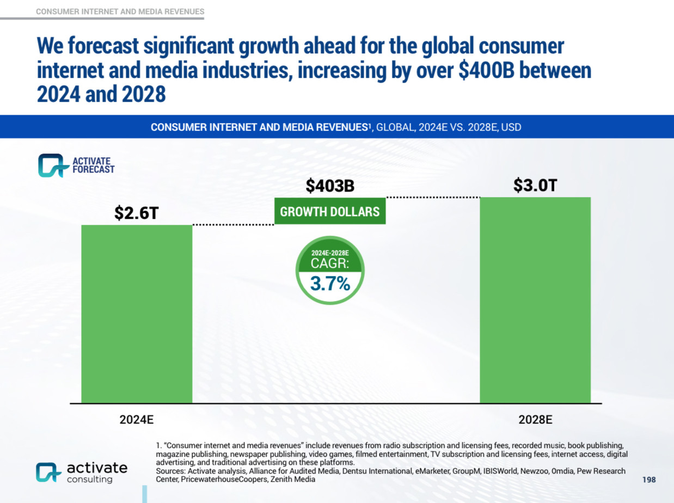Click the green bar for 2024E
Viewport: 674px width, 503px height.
[x=137, y=314]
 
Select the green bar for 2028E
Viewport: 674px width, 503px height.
[x=535, y=300]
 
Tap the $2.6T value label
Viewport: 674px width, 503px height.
[x=137, y=213]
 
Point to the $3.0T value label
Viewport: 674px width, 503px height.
[x=535, y=186]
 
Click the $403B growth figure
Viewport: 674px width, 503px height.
[x=330, y=186]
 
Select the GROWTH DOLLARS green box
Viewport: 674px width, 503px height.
[x=330, y=211]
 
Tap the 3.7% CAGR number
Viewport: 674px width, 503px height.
[x=330, y=283]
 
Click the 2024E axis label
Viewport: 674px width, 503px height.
[x=137, y=420]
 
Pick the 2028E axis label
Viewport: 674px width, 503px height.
[x=535, y=420]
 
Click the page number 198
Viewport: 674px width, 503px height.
[x=649, y=480]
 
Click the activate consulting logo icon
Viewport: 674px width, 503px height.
[x=48, y=473]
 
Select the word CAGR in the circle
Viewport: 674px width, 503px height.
[x=330, y=263]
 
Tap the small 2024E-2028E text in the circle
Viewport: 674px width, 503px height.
[x=330, y=253]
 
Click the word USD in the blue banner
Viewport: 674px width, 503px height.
[x=511, y=127]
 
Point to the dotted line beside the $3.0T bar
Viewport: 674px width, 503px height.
[x=433, y=197]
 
